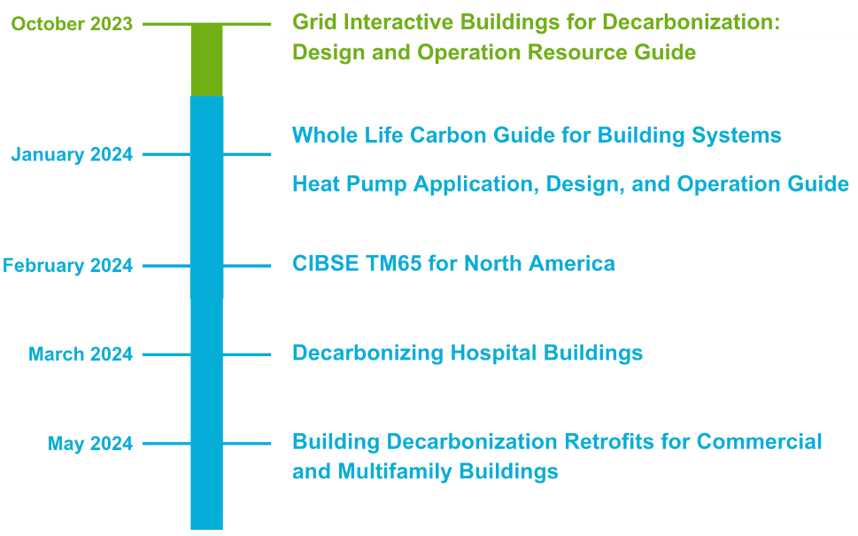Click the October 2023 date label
(72, 24)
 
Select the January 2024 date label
(72, 155)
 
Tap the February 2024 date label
(68, 266)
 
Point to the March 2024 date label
(81, 354)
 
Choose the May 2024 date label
(90, 444)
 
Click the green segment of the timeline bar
(207, 60)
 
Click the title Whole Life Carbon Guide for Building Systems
(537, 136)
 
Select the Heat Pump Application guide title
(570, 184)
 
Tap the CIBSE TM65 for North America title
(453, 263)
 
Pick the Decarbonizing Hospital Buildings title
(468, 353)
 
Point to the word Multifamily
(395, 471)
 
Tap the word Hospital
(493, 353)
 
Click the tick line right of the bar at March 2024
(247, 354)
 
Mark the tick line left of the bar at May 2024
(166, 444)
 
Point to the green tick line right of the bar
(247, 24)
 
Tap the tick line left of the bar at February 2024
(166, 266)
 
